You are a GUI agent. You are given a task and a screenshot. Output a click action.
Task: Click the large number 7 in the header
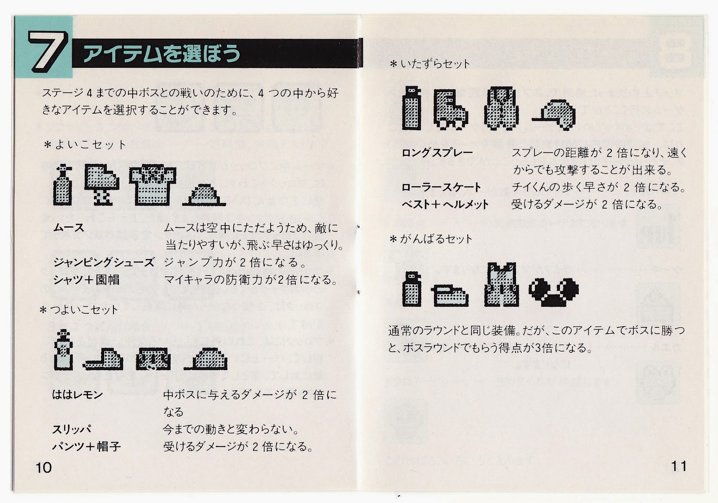coord(48,51)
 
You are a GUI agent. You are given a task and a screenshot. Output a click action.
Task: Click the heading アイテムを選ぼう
coord(162,53)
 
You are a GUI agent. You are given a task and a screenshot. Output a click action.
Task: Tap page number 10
coord(44,468)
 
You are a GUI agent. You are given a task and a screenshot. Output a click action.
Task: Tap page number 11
coord(679,466)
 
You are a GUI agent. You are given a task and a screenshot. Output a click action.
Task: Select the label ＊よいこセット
coord(85,144)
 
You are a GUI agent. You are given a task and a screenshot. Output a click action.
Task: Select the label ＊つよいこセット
coord(79,309)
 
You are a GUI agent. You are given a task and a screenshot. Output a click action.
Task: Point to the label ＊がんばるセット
coord(431,238)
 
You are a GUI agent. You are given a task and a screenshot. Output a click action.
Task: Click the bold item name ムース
coord(69,228)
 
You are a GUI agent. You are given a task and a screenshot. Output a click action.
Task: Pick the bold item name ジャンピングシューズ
coord(104,262)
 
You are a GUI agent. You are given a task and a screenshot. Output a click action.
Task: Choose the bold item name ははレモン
coord(77,394)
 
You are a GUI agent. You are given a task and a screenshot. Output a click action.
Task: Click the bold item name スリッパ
coord(72,429)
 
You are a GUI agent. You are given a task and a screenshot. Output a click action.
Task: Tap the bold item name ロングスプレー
coord(437,153)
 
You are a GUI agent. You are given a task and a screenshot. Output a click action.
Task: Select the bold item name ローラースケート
coord(442,187)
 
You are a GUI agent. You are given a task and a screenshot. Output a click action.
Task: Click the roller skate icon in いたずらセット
coord(451,110)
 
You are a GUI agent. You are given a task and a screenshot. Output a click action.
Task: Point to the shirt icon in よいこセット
coord(153,185)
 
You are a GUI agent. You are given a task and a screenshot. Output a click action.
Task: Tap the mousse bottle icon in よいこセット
coord(63,185)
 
